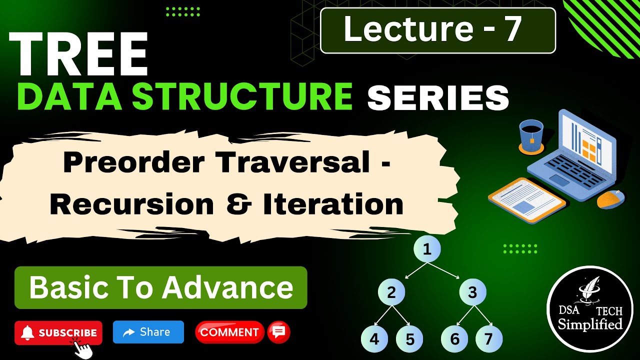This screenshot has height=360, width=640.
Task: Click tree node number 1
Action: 427,249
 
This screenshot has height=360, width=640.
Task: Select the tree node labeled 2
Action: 391,292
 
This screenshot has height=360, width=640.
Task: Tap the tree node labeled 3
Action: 472,292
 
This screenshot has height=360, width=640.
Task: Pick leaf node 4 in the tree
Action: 374,339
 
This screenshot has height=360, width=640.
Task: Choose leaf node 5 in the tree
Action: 410,339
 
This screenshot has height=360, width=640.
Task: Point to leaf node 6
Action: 454,339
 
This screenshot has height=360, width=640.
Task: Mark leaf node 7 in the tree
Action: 488,339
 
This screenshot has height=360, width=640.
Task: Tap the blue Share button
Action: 148,332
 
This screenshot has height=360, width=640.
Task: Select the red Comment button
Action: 229,332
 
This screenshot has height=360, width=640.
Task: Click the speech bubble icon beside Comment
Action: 279,332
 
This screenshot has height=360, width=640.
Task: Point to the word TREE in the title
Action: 78,54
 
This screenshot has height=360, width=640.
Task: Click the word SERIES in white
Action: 438,97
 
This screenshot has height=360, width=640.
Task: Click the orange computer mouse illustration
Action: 611,199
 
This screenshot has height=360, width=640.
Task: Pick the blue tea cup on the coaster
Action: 531,135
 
